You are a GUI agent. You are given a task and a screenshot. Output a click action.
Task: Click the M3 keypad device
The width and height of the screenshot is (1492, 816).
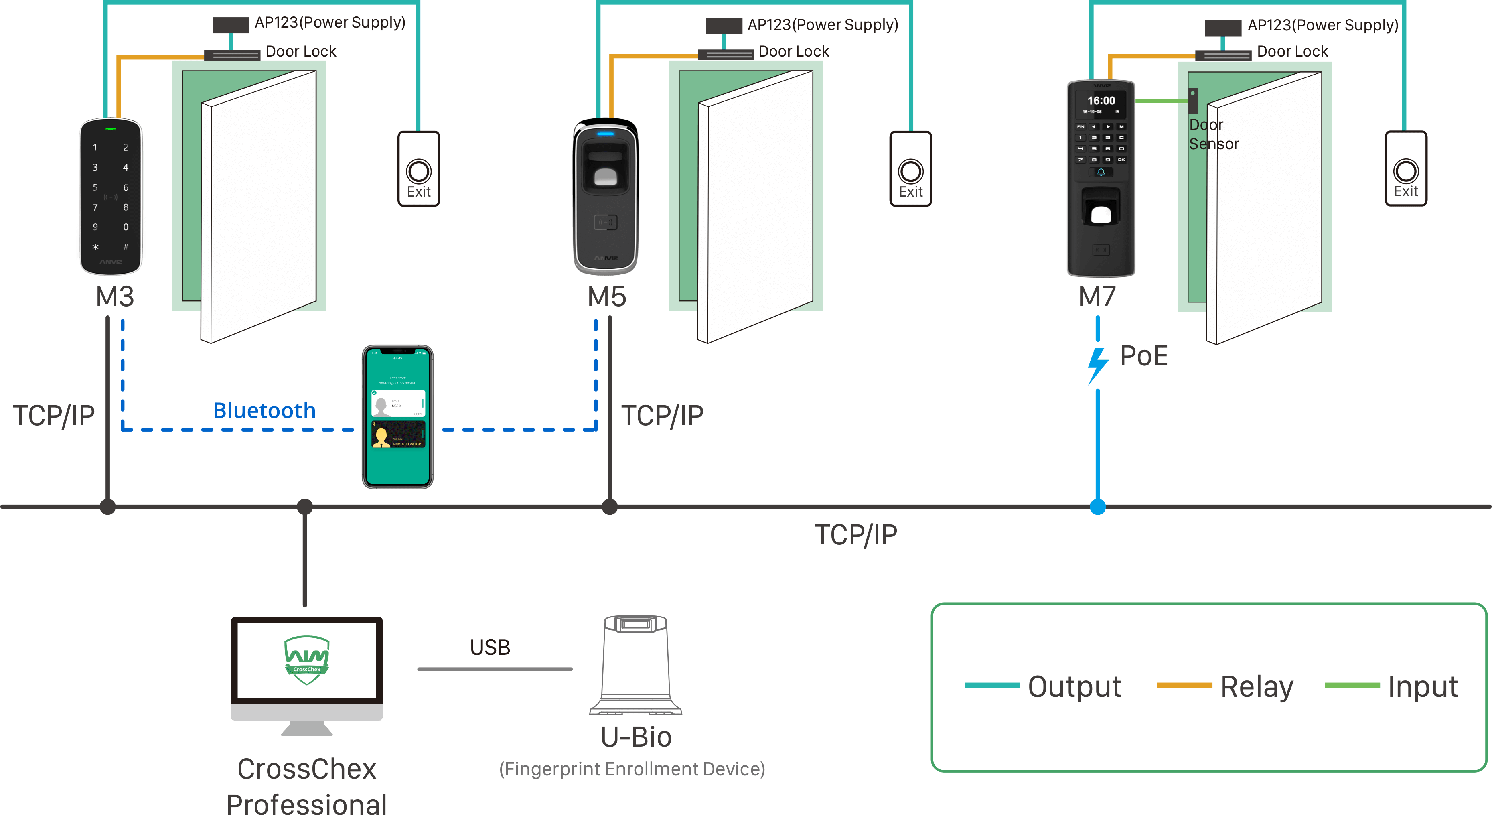click(x=111, y=197)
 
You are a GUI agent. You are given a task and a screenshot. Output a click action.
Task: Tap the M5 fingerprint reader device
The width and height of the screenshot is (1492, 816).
click(x=606, y=197)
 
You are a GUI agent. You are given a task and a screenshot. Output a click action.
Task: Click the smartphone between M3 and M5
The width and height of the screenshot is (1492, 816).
click(x=398, y=417)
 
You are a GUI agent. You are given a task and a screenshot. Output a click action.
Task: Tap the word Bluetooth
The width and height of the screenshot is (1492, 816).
click(x=265, y=411)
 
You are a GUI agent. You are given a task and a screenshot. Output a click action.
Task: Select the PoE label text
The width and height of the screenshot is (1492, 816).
click(x=1144, y=356)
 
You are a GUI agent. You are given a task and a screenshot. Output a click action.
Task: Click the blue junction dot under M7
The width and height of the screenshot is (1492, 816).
click(x=1098, y=507)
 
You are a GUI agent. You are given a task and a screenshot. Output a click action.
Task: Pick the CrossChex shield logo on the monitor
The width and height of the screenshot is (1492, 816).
click(x=307, y=660)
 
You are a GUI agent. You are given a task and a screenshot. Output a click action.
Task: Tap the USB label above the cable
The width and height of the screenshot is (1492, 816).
click(x=490, y=648)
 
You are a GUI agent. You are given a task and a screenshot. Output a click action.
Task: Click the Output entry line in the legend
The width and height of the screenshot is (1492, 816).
click(x=991, y=685)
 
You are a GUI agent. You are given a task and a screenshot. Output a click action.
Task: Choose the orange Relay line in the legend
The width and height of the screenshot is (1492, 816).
click(x=1184, y=685)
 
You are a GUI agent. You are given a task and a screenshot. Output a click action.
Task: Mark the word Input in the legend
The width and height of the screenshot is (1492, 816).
click(x=1423, y=687)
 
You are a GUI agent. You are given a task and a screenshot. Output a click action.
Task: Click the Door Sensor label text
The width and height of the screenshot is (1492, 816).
click(x=1213, y=134)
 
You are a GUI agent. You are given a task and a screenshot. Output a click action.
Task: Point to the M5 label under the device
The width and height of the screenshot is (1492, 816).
click(x=607, y=297)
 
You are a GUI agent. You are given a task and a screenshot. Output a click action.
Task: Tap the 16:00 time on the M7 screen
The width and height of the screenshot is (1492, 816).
click(x=1101, y=101)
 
